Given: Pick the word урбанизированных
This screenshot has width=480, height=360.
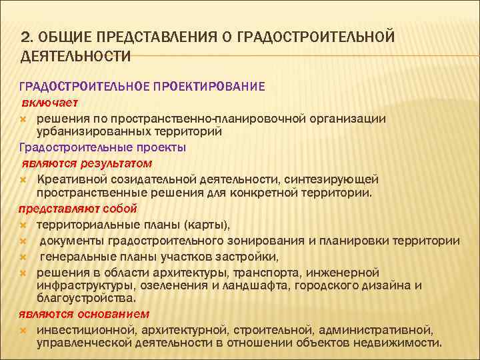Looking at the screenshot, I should pos(88,131).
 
